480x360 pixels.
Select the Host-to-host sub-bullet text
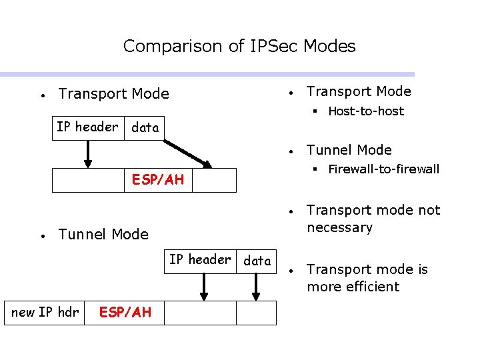pyautogui.click(x=366, y=111)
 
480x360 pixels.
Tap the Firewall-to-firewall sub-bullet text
pyautogui.click(x=383, y=169)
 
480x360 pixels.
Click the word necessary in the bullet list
pyautogui.click(x=339, y=228)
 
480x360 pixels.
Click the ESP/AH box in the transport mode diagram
pyautogui.click(x=158, y=180)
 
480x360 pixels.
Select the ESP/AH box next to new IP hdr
pyautogui.click(x=125, y=312)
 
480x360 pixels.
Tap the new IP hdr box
pyautogui.click(x=45, y=312)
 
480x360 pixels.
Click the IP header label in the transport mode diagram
pyautogui.click(x=87, y=127)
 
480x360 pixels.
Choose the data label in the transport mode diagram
pyautogui.click(x=145, y=128)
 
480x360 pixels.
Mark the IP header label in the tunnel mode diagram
pyautogui.click(x=200, y=260)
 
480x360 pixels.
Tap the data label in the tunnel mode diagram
pyautogui.click(x=257, y=261)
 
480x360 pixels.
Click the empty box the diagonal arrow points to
pyautogui.click(x=214, y=180)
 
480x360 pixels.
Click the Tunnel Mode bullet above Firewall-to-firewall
pyautogui.click(x=349, y=150)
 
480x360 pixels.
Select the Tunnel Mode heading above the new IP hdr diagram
pyautogui.click(x=103, y=234)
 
